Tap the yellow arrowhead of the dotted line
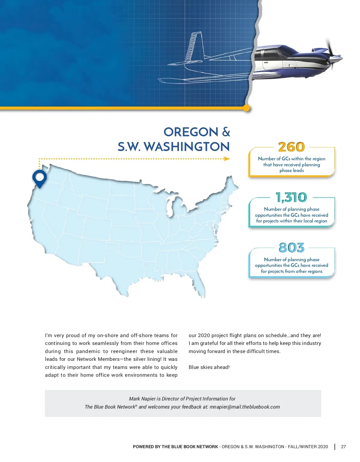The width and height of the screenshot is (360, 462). click(227, 159)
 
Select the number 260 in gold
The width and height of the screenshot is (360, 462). click(291, 147)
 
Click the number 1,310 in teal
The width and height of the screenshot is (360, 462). click(291, 197)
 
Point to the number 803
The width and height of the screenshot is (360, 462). click(291, 248)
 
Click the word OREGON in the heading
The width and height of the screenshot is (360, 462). click(191, 132)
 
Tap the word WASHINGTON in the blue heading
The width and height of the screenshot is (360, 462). click(187, 147)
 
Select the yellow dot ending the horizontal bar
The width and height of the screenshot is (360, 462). click(247, 108)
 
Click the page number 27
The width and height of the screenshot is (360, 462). click(343, 447)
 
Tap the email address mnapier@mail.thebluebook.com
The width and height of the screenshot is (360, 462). click(244, 407)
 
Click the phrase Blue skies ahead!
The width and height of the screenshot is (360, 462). click(209, 367)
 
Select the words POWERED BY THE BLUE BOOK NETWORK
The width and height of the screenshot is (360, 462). click(175, 447)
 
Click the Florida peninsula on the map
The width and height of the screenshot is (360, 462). click(200, 287)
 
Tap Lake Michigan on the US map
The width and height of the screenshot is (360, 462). click(170, 207)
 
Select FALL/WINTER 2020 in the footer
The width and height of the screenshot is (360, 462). click(308, 447)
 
